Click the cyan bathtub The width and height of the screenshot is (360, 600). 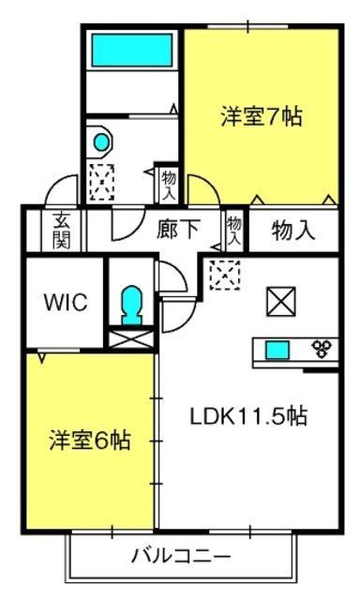point(132,50)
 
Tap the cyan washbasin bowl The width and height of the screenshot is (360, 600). point(102,142)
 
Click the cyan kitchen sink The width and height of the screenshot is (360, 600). point(277,350)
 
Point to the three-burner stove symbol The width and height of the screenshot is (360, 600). point(322,349)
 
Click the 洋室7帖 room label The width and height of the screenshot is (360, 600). point(262,116)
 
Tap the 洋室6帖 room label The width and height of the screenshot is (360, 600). point(90,440)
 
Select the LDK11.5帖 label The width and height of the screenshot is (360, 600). point(248,416)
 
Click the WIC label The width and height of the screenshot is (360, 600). point(66,302)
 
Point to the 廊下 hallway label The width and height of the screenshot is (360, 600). point(177,229)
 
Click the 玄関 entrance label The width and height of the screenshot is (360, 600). point(62,230)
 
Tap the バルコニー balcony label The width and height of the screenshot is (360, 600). point(181,556)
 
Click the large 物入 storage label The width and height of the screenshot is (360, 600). point(293,230)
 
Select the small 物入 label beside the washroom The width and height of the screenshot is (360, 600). point(169,186)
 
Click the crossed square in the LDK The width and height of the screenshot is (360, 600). point(281,302)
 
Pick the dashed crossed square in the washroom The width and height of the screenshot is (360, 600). point(102,182)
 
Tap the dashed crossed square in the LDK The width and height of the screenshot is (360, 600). point(225,275)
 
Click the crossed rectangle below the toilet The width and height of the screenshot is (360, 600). point(131,339)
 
